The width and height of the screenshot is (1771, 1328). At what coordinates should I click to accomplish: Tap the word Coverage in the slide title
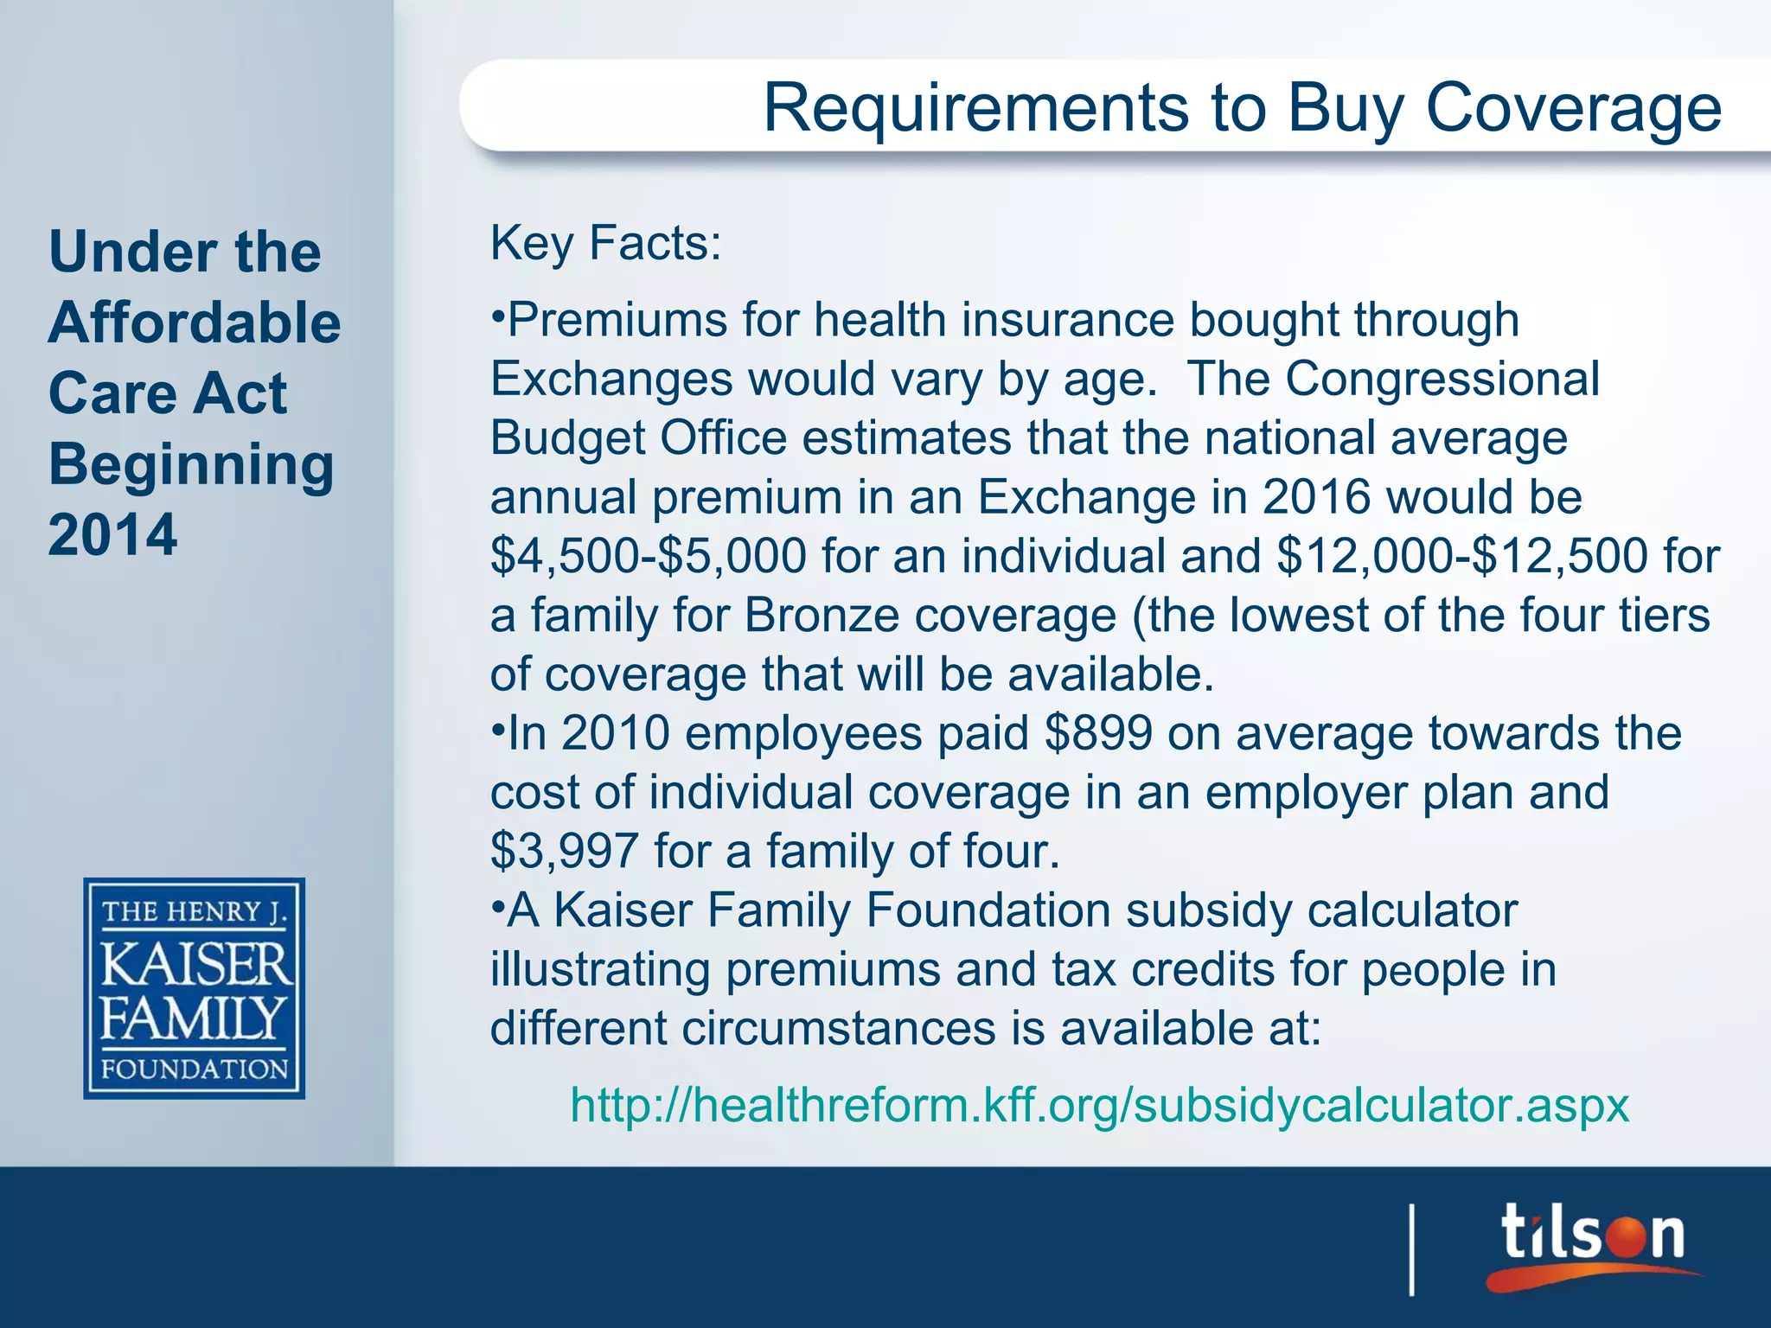click(1573, 109)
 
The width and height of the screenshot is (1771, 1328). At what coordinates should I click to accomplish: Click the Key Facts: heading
click(605, 243)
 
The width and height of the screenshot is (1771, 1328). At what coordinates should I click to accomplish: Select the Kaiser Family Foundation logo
click(195, 988)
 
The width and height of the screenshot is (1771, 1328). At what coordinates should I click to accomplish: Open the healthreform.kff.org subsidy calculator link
click(1099, 1105)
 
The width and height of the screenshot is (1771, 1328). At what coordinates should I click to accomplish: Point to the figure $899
click(1098, 733)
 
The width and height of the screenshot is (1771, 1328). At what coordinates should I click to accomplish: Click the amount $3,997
click(565, 851)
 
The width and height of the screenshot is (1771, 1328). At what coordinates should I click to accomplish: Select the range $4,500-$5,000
click(649, 556)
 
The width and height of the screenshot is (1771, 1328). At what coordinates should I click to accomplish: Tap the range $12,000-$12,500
click(1461, 556)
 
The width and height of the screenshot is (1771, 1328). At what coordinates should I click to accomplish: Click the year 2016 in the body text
click(1316, 497)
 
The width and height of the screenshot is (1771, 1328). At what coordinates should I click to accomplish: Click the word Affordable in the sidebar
click(195, 322)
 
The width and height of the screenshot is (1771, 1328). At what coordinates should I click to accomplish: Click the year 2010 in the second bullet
click(616, 733)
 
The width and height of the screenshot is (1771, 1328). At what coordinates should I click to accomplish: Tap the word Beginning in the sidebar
click(191, 464)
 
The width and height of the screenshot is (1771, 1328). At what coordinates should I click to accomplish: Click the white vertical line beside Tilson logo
click(1412, 1248)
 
